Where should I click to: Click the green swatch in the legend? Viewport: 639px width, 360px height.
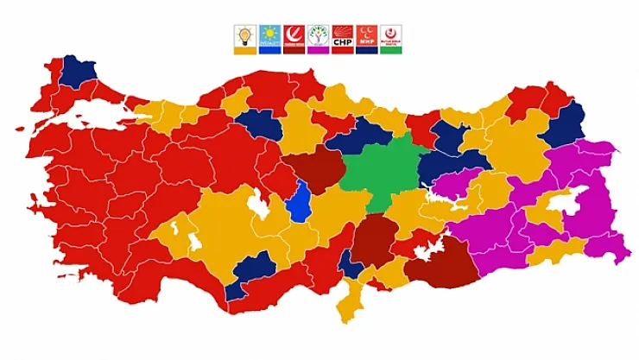click(391, 51)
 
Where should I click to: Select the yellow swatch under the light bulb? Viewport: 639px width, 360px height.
click(245, 51)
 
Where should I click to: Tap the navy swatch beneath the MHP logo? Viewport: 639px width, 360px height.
click(367, 51)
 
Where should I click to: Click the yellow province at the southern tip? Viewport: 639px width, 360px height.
click(351, 302)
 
